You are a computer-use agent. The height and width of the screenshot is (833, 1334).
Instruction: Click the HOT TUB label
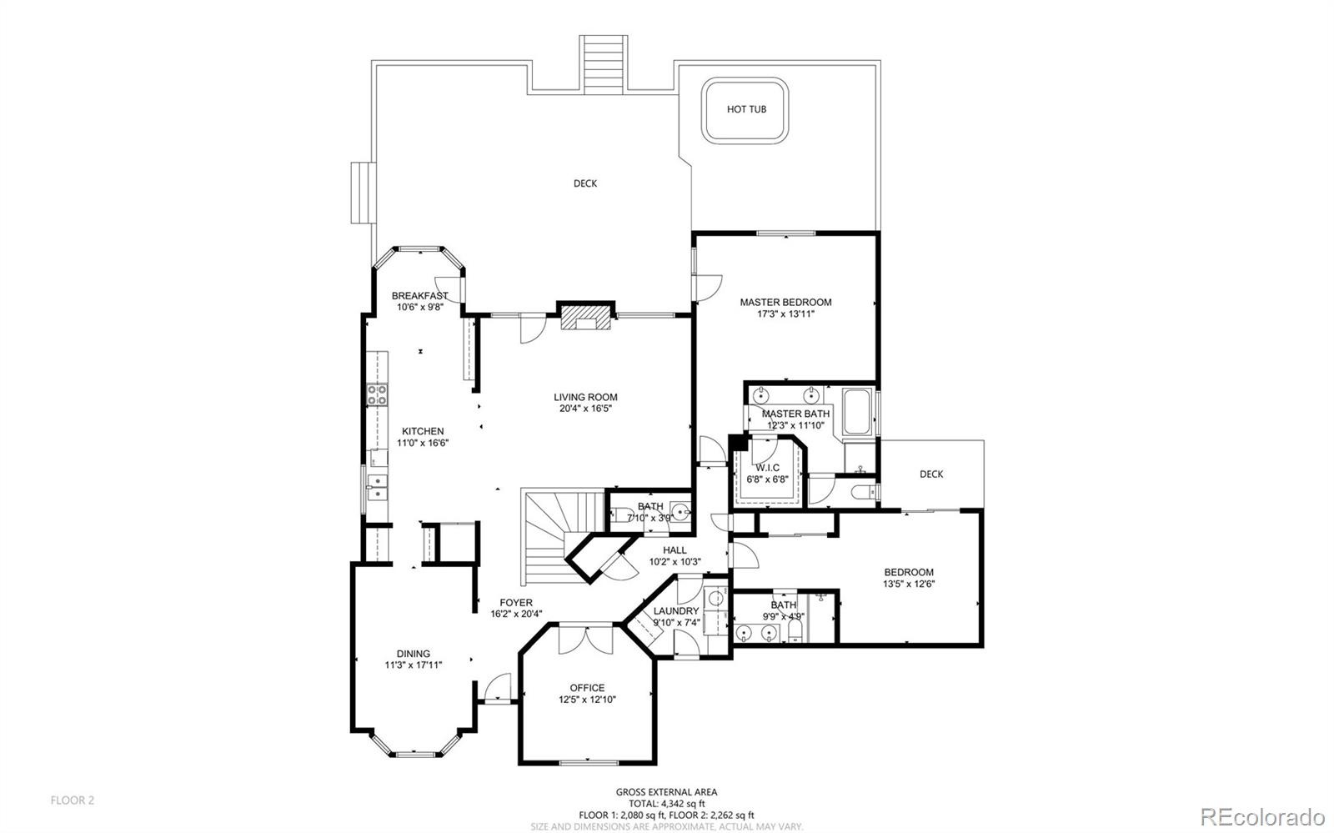coord(746,109)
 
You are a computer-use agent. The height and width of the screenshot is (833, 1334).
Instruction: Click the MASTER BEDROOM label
coord(785,302)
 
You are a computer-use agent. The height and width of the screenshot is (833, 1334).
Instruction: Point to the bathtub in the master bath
coord(857,413)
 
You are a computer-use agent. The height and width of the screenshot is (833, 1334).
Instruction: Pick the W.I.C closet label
coord(768,468)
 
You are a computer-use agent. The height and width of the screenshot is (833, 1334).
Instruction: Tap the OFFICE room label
coord(587,688)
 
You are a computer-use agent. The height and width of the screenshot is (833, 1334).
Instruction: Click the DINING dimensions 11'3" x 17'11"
coord(413,665)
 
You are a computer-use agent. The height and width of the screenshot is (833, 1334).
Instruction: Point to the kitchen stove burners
coord(377,394)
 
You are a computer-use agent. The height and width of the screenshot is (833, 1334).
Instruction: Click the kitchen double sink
coord(376,486)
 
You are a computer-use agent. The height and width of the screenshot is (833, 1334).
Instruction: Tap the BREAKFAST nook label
coord(419,295)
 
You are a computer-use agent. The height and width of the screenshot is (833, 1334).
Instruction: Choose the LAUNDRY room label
coord(676,610)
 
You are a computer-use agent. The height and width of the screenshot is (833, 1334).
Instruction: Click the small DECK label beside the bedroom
coord(931,474)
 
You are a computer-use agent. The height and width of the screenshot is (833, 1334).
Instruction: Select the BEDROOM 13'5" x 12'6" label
coord(909,572)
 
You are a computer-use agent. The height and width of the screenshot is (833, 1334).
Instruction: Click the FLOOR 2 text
coord(73,800)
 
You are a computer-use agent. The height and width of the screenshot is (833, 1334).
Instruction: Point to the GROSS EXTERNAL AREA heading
coord(666,792)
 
